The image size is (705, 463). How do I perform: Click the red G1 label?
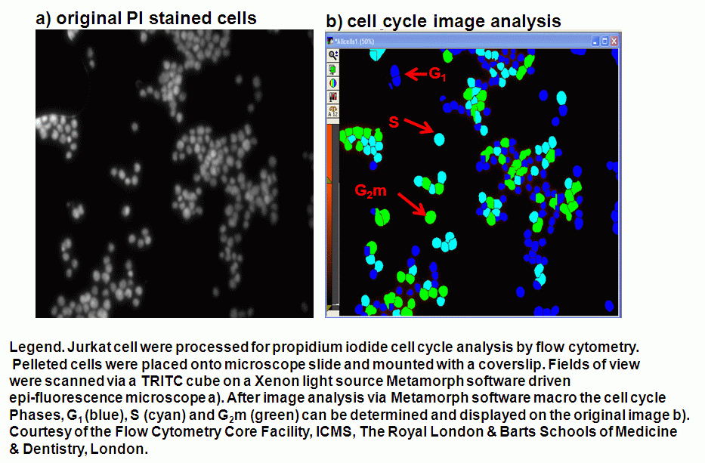pyautogui.click(x=437, y=74)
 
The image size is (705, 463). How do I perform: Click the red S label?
pyautogui.click(x=394, y=122)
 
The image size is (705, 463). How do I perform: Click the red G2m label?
pyautogui.click(x=370, y=190)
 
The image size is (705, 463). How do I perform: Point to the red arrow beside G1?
pyautogui.click(x=416, y=74)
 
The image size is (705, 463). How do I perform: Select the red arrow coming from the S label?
pyautogui.click(x=419, y=126)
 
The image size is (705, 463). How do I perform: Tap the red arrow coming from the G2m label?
pyautogui.click(x=411, y=204)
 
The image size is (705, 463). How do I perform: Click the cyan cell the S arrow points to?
pyautogui.click(x=439, y=139)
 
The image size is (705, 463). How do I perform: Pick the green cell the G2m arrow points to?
pyautogui.click(x=430, y=217)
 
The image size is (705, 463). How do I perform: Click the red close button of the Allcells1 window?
pyautogui.click(x=614, y=42)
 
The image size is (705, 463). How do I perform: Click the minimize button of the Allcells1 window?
pyautogui.click(x=595, y=42)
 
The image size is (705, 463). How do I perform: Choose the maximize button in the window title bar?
pyautogui.click(x=605, y=42)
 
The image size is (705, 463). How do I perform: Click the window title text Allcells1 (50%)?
pyautogui.click(x=354, y=42)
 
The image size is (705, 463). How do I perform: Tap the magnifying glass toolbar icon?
pyautogui.click(x=333, y=55)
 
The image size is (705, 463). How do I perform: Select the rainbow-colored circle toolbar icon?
pyautogui.click(x=333, y=83)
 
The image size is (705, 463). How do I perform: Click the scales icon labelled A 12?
pyautogui.click(x=333, y=111)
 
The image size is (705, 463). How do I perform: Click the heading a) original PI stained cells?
pyautogui.click(x=146, y=18)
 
